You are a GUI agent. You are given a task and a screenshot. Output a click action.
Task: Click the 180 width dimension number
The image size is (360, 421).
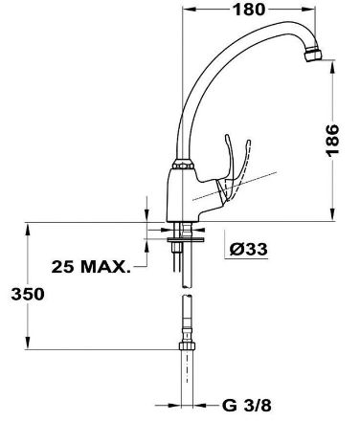tap(249, 10)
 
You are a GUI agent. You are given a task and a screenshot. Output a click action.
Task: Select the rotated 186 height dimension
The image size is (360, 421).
tap(332, 141)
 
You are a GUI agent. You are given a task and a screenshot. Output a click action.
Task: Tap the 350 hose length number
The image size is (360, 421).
tap(28, 294)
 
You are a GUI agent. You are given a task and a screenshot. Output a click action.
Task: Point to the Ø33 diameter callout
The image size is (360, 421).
tap(249, 249)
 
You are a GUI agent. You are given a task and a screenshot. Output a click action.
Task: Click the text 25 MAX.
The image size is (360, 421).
tap(91, 267)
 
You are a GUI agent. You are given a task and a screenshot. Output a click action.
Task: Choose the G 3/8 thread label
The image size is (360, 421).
tap(247, 406)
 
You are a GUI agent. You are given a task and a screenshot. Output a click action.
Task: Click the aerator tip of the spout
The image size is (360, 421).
tap(313, 55)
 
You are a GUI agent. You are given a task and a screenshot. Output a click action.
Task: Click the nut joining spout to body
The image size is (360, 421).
tap(183, 165)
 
